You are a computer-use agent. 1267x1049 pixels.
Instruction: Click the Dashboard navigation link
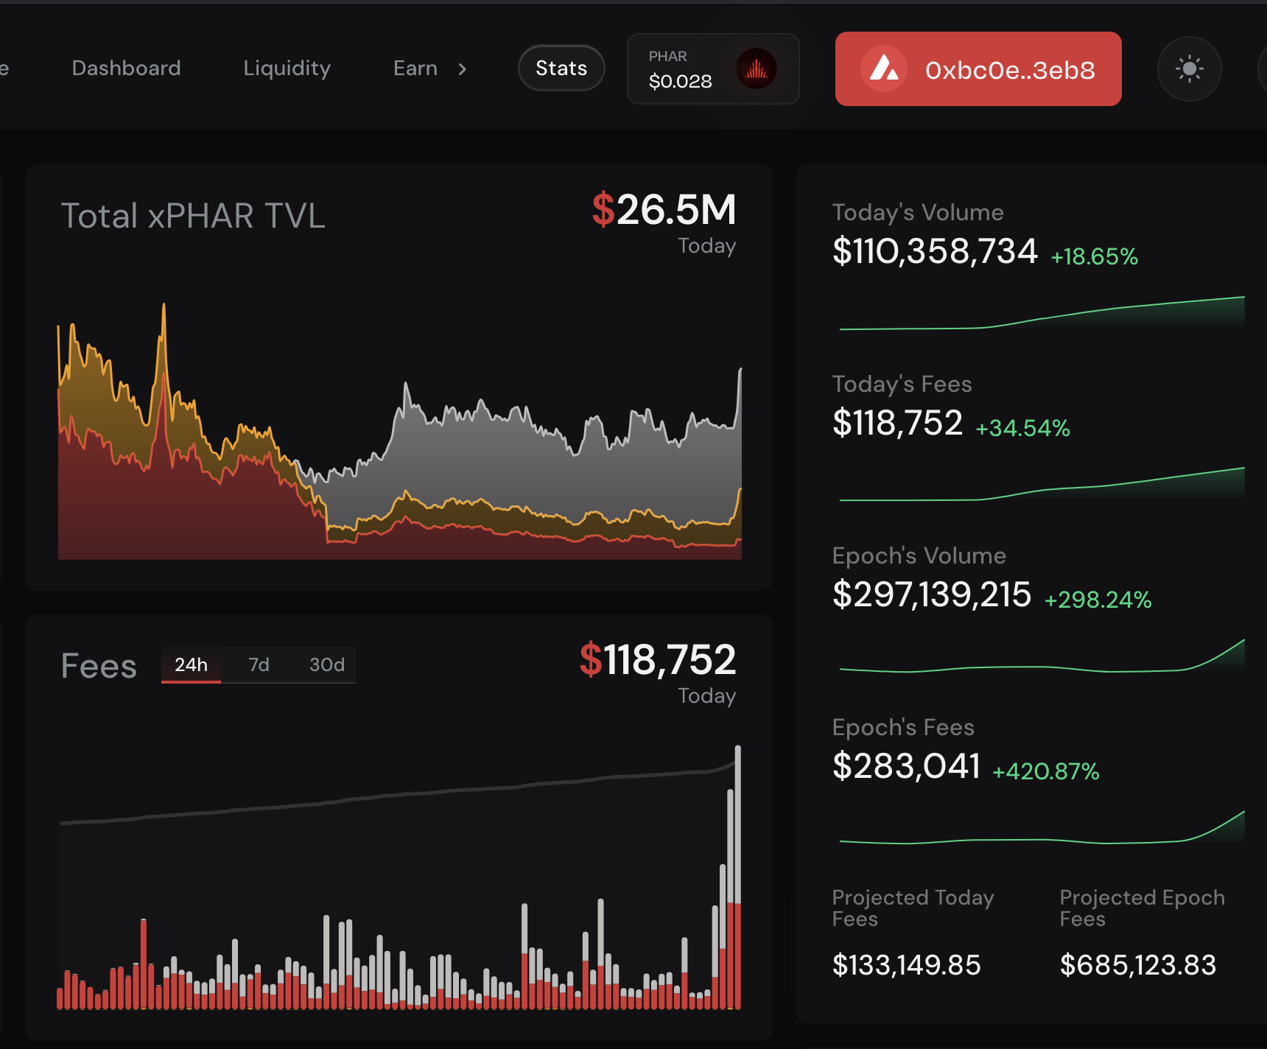pos(126,69)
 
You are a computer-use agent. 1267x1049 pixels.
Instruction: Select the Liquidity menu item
pos(287,69)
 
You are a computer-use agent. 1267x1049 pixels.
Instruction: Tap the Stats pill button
pos(561,69)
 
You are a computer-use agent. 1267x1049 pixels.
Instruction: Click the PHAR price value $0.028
pos(680,81)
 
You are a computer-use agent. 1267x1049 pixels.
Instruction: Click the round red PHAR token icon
pos(757,69)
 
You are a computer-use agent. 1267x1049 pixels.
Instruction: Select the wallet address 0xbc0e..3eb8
pos(1010,70)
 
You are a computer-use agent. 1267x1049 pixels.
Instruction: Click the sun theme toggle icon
pos(1189,69)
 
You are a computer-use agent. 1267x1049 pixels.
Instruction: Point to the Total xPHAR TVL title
pos(193,216)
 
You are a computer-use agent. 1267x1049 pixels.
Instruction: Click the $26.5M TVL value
pos(664,210)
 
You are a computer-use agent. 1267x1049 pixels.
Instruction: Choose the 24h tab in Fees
pos(191,665)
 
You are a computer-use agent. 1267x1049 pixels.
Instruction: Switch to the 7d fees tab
pos(259,665)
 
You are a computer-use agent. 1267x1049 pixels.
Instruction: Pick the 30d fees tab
pos(326,665)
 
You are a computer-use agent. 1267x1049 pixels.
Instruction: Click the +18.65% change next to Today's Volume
pos(1094,256)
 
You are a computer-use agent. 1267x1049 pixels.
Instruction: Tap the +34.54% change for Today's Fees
pos(1022,428)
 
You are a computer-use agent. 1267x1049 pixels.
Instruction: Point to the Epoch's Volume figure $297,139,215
pos(932,594)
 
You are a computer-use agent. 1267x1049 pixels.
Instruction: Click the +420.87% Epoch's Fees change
pos(1046,771)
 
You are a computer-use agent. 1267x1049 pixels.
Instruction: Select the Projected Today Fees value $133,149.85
pos(906,965)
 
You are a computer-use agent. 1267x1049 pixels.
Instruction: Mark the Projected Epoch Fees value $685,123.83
pos(1137,965)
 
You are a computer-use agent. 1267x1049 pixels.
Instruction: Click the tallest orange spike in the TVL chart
pos(164,305)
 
